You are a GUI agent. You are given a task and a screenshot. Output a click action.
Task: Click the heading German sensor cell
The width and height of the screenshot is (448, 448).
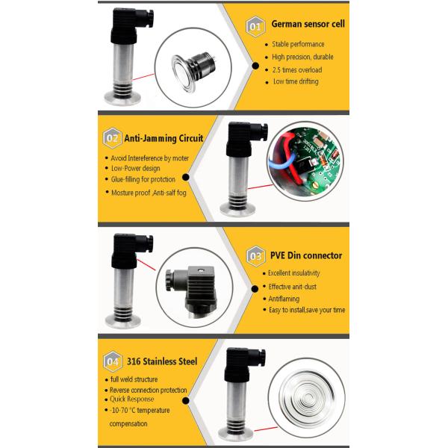[307, 25]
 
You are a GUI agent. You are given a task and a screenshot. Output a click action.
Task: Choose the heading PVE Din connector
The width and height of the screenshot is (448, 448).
[305, 255]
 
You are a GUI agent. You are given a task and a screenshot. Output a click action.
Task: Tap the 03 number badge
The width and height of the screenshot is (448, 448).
[255, 255]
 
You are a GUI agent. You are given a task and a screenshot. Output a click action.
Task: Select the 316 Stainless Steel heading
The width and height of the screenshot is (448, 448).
[162, 361]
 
